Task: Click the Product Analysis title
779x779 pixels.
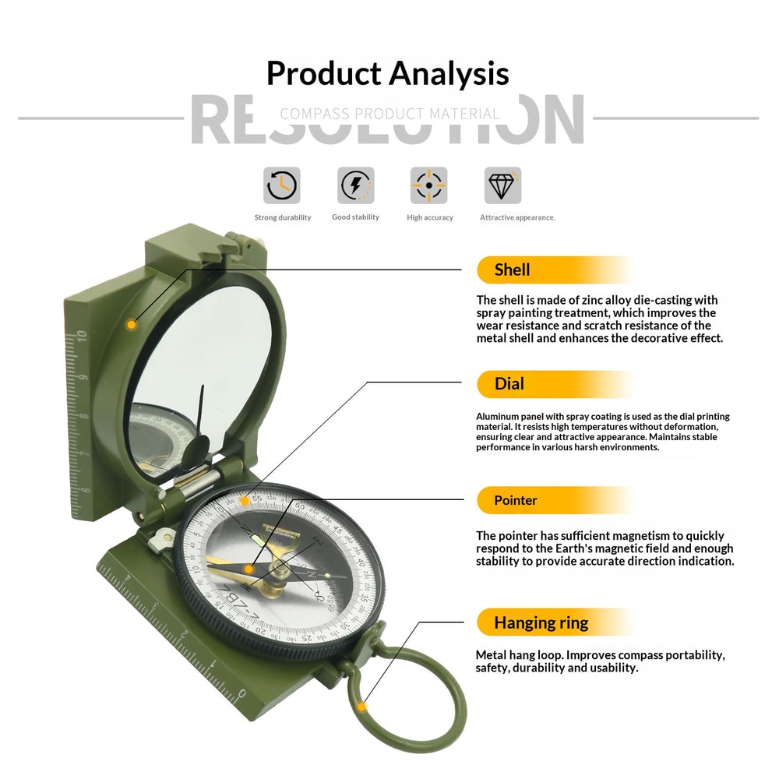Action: click(x=387, y=74)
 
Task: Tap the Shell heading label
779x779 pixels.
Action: click(x=512, y=270)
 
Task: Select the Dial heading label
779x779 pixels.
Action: click(x=509, y=383)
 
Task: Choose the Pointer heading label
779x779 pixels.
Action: click(x=515, y=500)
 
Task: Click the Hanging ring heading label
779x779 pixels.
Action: click(x=541, y=622)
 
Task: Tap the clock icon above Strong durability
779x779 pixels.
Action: click(x=281, y=185)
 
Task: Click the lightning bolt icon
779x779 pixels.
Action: click(x=355, y=185)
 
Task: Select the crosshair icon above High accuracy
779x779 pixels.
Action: click(x=429, y=185)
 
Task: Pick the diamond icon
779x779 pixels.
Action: click(x=502, y=185)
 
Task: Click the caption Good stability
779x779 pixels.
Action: click(x=355, y=217)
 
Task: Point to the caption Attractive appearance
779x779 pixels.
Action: click(x=517, y=218)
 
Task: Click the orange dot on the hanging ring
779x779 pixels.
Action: click(x=361, y=707)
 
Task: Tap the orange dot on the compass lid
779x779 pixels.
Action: click(x=132, y=324)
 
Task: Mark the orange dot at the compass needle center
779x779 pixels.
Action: click(x=249, y=569)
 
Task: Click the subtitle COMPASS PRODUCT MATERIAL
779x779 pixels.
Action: click(x=389, y=114)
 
